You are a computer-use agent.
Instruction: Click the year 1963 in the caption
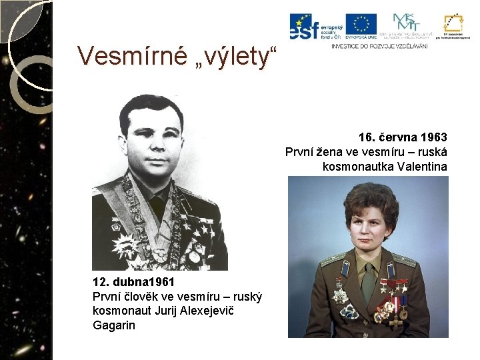tap(434, 137)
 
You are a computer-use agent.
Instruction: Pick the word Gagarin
tap(114, 325)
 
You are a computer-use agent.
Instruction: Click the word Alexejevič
tap(217, 311)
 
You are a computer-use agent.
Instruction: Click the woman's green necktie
tap(368, 280)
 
